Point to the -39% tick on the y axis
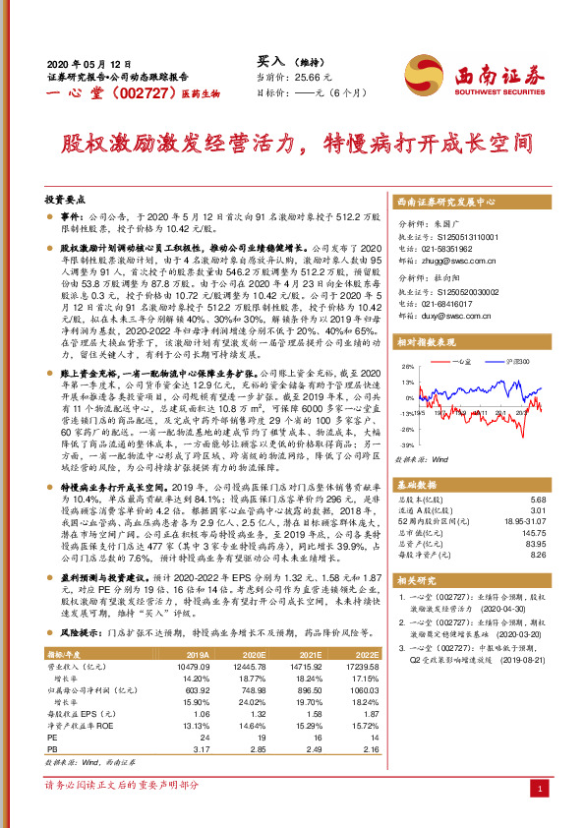point(404,444)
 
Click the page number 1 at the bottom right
point(542,789)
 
